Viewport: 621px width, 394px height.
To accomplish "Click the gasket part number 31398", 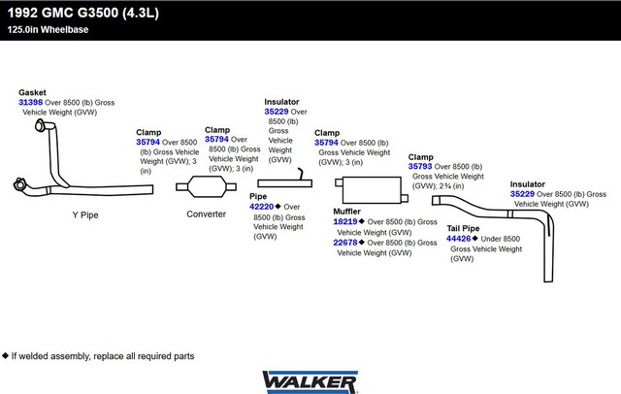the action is click(x=30, y=102).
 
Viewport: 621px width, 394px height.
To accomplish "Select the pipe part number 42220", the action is click(x=261, y=207).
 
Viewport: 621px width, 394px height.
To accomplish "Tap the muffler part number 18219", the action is click(x=345, y=222).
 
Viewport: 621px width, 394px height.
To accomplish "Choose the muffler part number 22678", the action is click(x=345, y=243).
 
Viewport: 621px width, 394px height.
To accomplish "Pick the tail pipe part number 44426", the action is click(x=458, y=239).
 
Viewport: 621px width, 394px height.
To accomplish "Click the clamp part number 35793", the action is click(x=420, y=166).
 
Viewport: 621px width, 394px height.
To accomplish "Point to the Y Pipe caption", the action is click(x=85, y=215).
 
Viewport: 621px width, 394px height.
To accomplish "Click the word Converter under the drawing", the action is click(x=206, y=214).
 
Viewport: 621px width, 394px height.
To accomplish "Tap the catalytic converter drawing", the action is click(x=206, y=186).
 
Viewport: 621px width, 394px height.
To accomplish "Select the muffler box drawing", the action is click(x=372, y=190).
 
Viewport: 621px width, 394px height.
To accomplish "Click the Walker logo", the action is click(x=310, y=382).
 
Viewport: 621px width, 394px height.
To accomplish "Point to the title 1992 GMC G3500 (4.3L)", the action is click(x=83, y=13).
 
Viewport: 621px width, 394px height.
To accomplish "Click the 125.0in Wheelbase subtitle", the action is click(x=48, y=30).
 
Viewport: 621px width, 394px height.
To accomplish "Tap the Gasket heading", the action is click(x=32, y=92).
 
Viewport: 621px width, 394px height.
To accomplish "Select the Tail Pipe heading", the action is click(x=463, y=228).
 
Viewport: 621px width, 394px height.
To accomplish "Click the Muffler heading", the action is click(x=346, y=212).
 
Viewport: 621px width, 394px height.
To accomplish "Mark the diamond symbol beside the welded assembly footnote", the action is click(x=5, y=355).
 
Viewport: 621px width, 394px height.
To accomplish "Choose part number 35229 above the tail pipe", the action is click(x=522, y=194).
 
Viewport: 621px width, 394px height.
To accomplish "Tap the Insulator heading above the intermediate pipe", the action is click(x=281, y=102).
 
